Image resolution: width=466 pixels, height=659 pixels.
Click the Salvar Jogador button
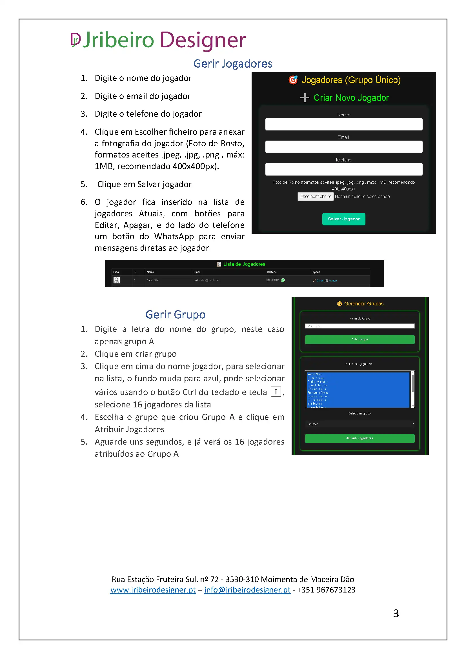343,219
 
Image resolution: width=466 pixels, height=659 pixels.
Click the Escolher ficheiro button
315,197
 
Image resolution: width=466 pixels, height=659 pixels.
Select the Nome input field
343,124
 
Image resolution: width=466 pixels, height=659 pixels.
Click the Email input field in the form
343,147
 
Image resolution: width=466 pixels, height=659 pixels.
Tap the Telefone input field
343,169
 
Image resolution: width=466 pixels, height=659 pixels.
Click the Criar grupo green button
360,339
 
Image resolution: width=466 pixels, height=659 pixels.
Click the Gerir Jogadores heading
233,64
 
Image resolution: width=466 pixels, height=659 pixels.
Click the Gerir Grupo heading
175,315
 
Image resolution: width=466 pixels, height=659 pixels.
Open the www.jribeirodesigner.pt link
153,590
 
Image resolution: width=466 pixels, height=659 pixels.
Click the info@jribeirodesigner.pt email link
247,590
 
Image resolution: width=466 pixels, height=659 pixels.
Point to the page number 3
396,614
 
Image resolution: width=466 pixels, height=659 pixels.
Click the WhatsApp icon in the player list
283,280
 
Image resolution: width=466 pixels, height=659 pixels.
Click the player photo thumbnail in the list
117,280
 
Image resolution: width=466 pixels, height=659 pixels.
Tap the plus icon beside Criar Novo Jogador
305,98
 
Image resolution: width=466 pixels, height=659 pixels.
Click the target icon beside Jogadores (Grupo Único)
293,80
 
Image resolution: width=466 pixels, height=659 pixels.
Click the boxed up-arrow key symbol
276,392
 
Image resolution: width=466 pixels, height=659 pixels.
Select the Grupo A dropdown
360,424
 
